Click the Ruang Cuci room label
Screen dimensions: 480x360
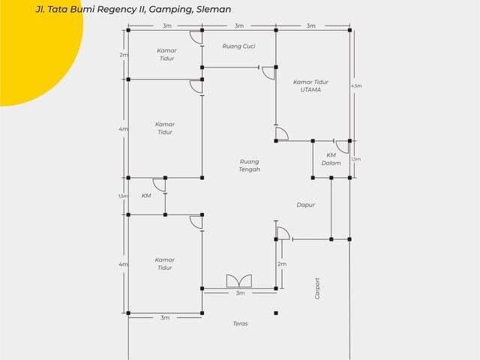238,46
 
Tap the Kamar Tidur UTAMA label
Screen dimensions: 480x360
310,85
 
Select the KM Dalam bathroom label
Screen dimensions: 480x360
331,159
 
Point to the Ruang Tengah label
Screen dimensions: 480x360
250,166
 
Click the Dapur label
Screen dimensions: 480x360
305,205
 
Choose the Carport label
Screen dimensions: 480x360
317,288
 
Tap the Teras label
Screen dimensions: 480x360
240,323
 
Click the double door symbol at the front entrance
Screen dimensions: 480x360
239,281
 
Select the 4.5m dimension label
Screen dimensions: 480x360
356,86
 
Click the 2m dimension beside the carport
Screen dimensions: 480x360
282,264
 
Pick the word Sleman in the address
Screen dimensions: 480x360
214,9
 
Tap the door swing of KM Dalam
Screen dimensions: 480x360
342,147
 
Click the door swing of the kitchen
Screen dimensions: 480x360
283,233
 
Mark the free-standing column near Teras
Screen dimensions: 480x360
276,313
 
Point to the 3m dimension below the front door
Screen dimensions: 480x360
240,293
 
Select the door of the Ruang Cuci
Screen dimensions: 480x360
268,73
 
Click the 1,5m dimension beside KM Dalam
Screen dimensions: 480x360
356,159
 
